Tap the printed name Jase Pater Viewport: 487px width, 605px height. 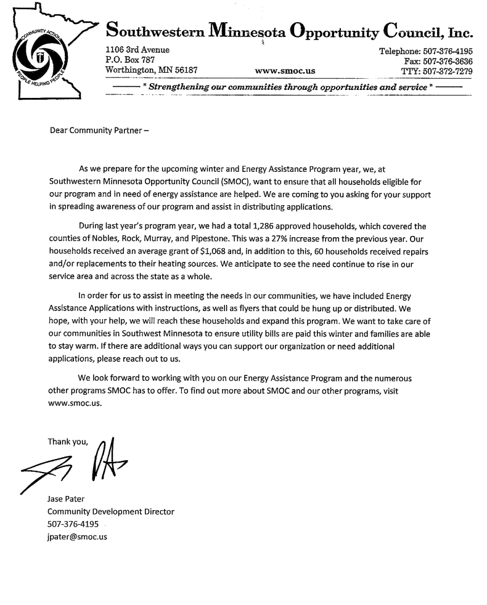click(68, 500)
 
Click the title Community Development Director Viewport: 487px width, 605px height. click(111, 512)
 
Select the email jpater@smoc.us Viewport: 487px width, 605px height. click(78, 537)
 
